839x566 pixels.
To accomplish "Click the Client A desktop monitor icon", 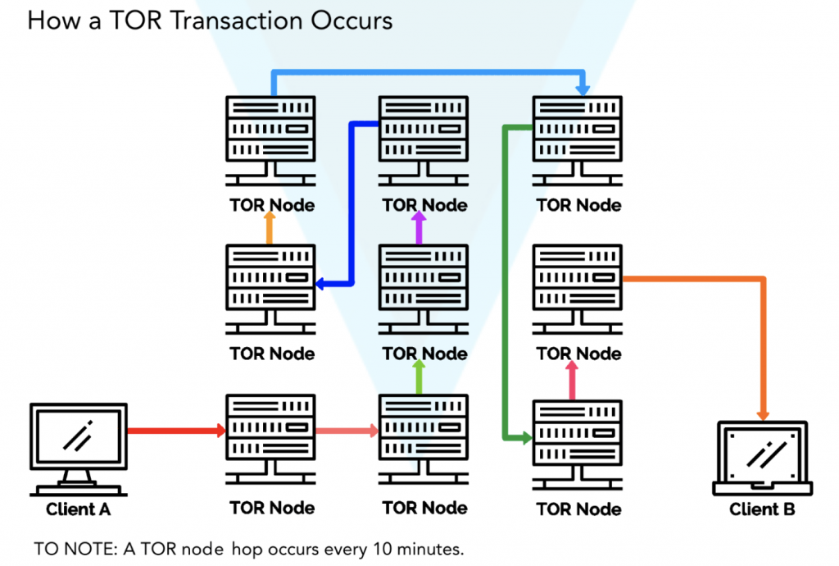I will point(79,447).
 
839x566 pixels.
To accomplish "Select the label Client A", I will point(79,509).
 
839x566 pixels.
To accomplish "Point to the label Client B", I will point(762,509).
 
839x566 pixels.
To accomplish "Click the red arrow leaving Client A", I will point(176,429).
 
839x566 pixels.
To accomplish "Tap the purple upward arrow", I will point(419,228).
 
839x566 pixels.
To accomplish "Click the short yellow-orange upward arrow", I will point(270,228).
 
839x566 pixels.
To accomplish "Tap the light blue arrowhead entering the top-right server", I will point(583,88).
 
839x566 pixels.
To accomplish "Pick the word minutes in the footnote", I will point(434,547).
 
